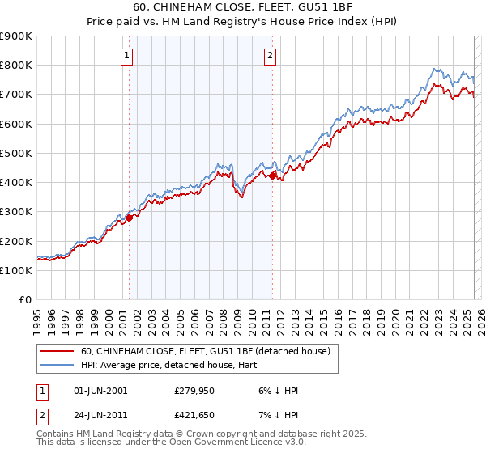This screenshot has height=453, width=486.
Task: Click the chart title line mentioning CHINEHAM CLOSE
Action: [x=242, y=10]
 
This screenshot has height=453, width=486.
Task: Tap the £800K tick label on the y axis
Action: [x=16, y=66]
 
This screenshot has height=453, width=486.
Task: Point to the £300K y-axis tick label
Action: [x=16, y=212]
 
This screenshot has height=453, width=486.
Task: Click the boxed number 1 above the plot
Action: [x=128, y=56]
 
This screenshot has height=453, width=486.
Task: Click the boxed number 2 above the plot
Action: [x=270, y=56]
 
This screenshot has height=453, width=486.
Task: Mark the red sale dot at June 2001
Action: [x=129, y=218]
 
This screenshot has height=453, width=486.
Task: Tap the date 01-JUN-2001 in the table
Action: [x=100, y=391]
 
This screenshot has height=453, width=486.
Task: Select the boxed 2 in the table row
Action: [x=42, y=417]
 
